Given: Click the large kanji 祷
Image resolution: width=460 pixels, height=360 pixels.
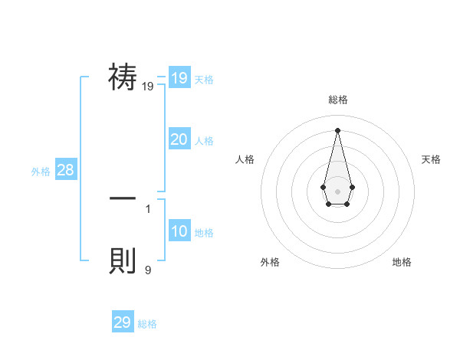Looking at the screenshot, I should (123, 77).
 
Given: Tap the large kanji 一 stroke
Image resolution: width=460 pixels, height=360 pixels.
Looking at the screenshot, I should (123, 198).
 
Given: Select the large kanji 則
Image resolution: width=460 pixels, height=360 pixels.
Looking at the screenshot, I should (123, 260).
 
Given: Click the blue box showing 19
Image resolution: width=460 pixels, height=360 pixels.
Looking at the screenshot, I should (179, 78).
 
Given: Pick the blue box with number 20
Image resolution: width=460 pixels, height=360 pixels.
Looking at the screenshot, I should (179, 139).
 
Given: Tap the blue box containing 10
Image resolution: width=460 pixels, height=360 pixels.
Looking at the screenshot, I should (179, 231).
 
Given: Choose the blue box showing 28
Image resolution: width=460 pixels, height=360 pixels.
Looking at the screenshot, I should (65, 170).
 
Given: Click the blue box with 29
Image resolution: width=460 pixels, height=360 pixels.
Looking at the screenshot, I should (123, 322).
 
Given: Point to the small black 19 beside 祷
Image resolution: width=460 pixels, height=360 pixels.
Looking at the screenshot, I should (147, 87).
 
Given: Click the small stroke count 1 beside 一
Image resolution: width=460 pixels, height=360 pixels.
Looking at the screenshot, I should (147, 208).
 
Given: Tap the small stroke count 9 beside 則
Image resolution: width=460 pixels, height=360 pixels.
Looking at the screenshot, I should (147, 270).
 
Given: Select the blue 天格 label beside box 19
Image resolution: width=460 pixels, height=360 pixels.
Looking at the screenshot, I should (204, 80).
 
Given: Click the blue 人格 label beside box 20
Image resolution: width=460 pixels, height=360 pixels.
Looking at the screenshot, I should (204, 141).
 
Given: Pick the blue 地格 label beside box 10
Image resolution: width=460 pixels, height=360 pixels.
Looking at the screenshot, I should (204, 233).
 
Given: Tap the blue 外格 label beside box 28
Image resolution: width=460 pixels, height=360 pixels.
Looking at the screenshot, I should (41, 172).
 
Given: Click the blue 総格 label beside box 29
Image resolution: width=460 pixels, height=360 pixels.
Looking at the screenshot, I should (147, 324).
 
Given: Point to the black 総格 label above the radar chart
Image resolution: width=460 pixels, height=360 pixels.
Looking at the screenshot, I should (338, 100).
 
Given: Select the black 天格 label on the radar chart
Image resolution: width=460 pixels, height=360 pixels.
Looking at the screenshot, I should (432, 159).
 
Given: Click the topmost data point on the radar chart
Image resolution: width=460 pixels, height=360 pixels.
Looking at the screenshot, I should (337, 129).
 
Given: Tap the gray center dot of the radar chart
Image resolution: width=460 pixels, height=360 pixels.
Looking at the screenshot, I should (337, 191).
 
